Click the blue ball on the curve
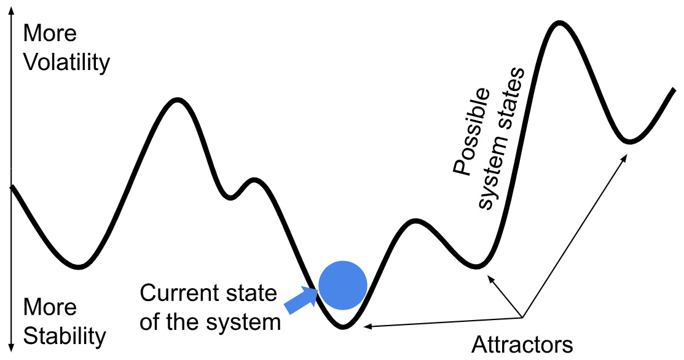click(x=343, y=285)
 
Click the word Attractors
click(x=522, y=344)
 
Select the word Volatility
click(x=66, y=63)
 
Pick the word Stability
click(x=65, y=337)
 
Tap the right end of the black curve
click(x=674, y=90)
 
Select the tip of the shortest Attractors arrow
click(x=488, y=277)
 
